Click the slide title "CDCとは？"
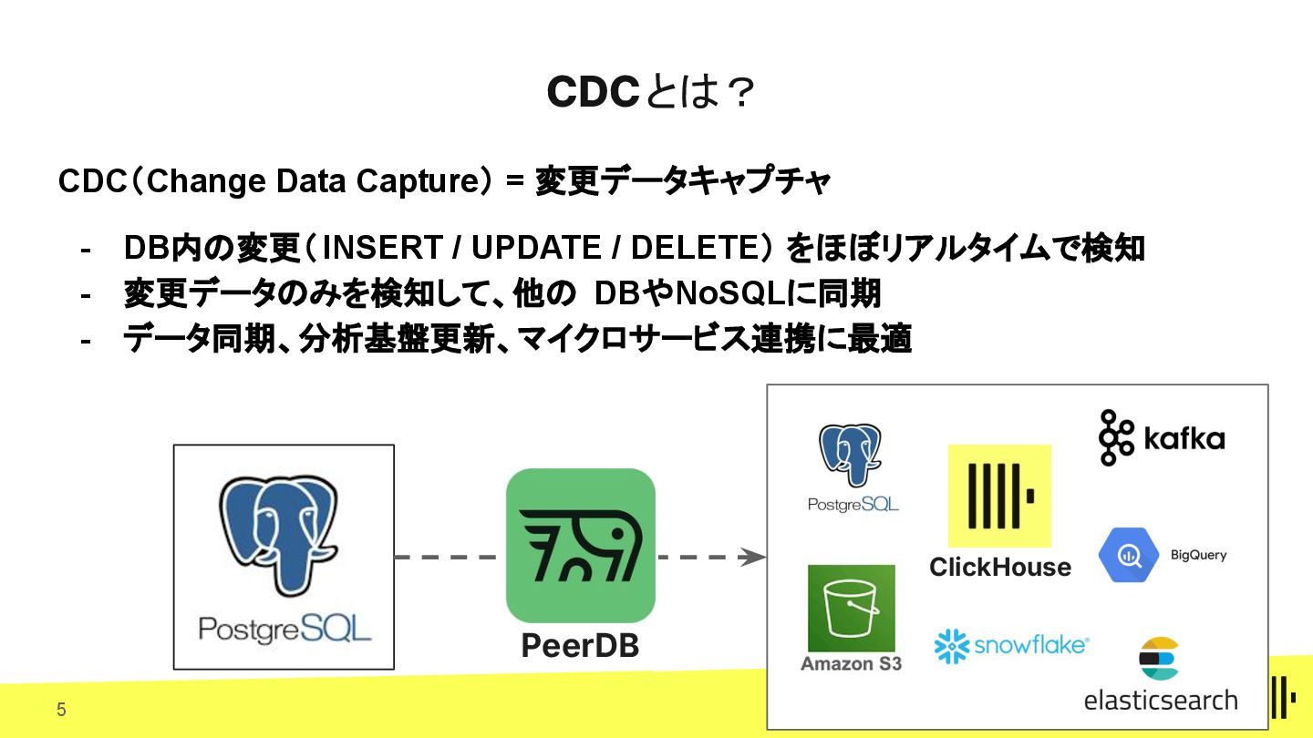651,92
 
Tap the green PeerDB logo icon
580,545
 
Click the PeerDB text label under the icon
580,646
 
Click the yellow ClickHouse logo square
999,496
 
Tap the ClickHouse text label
999,568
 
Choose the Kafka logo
1161,438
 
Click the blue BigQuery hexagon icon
1128,554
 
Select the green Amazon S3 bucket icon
851,608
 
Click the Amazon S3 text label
851,663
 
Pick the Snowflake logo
1010,646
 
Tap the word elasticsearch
1160,700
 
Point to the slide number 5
61,710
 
